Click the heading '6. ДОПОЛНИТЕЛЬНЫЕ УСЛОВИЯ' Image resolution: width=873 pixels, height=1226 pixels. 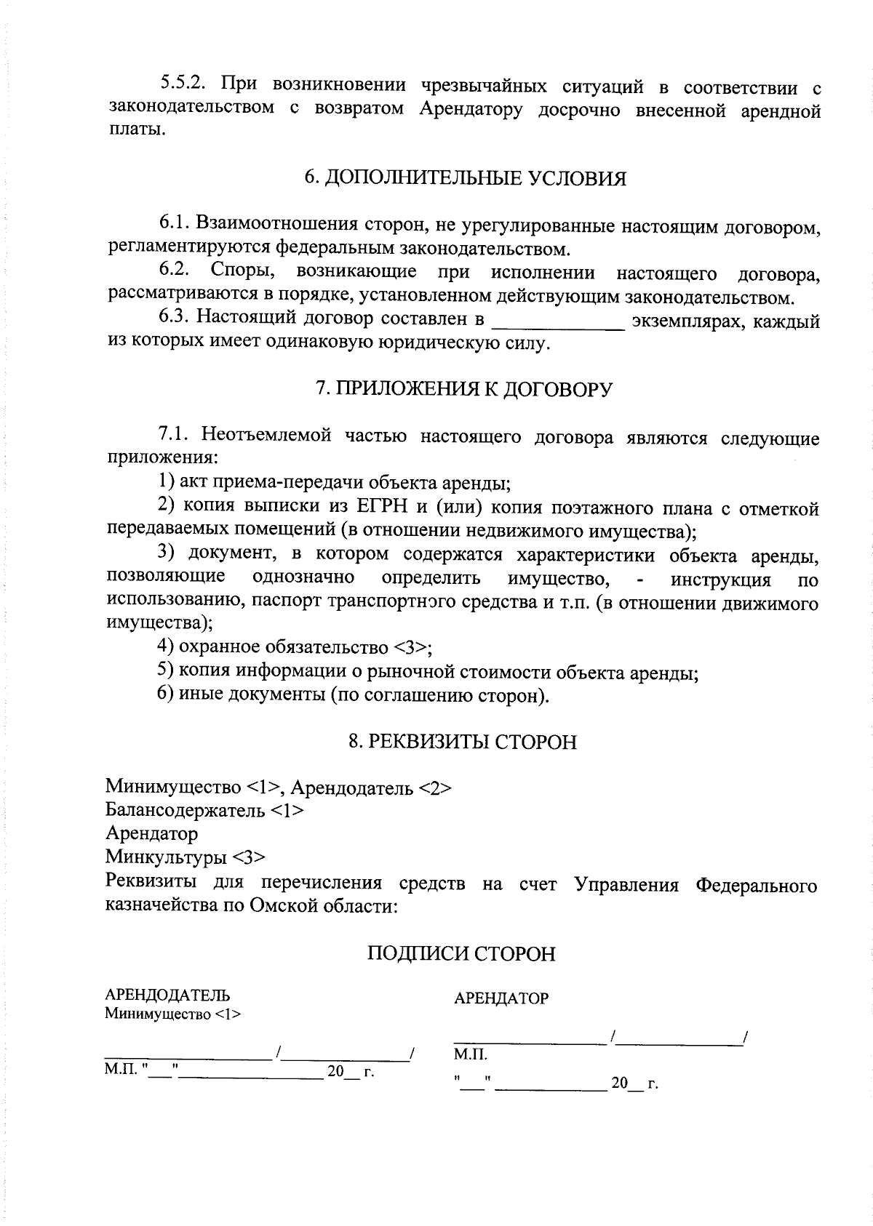coord(465,179)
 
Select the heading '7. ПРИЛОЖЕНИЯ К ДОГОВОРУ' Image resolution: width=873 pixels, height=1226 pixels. coord(463,389)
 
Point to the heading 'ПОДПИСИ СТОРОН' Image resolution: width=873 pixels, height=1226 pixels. coord(461,953)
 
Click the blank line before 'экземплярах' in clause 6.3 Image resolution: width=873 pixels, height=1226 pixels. coord(558,322)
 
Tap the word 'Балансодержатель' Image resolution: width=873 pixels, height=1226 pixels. coord(185,810)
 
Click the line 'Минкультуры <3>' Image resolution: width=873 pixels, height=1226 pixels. coord(186,857)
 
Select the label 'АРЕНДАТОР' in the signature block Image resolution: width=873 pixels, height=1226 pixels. coord(501,998)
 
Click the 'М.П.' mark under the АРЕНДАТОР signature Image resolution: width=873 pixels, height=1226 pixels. coord(470,1054)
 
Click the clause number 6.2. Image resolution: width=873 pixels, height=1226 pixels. coord(175,271)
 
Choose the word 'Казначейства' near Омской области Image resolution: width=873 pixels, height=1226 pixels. coord(156,906)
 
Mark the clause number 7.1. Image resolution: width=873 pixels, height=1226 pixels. coord(175,436)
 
